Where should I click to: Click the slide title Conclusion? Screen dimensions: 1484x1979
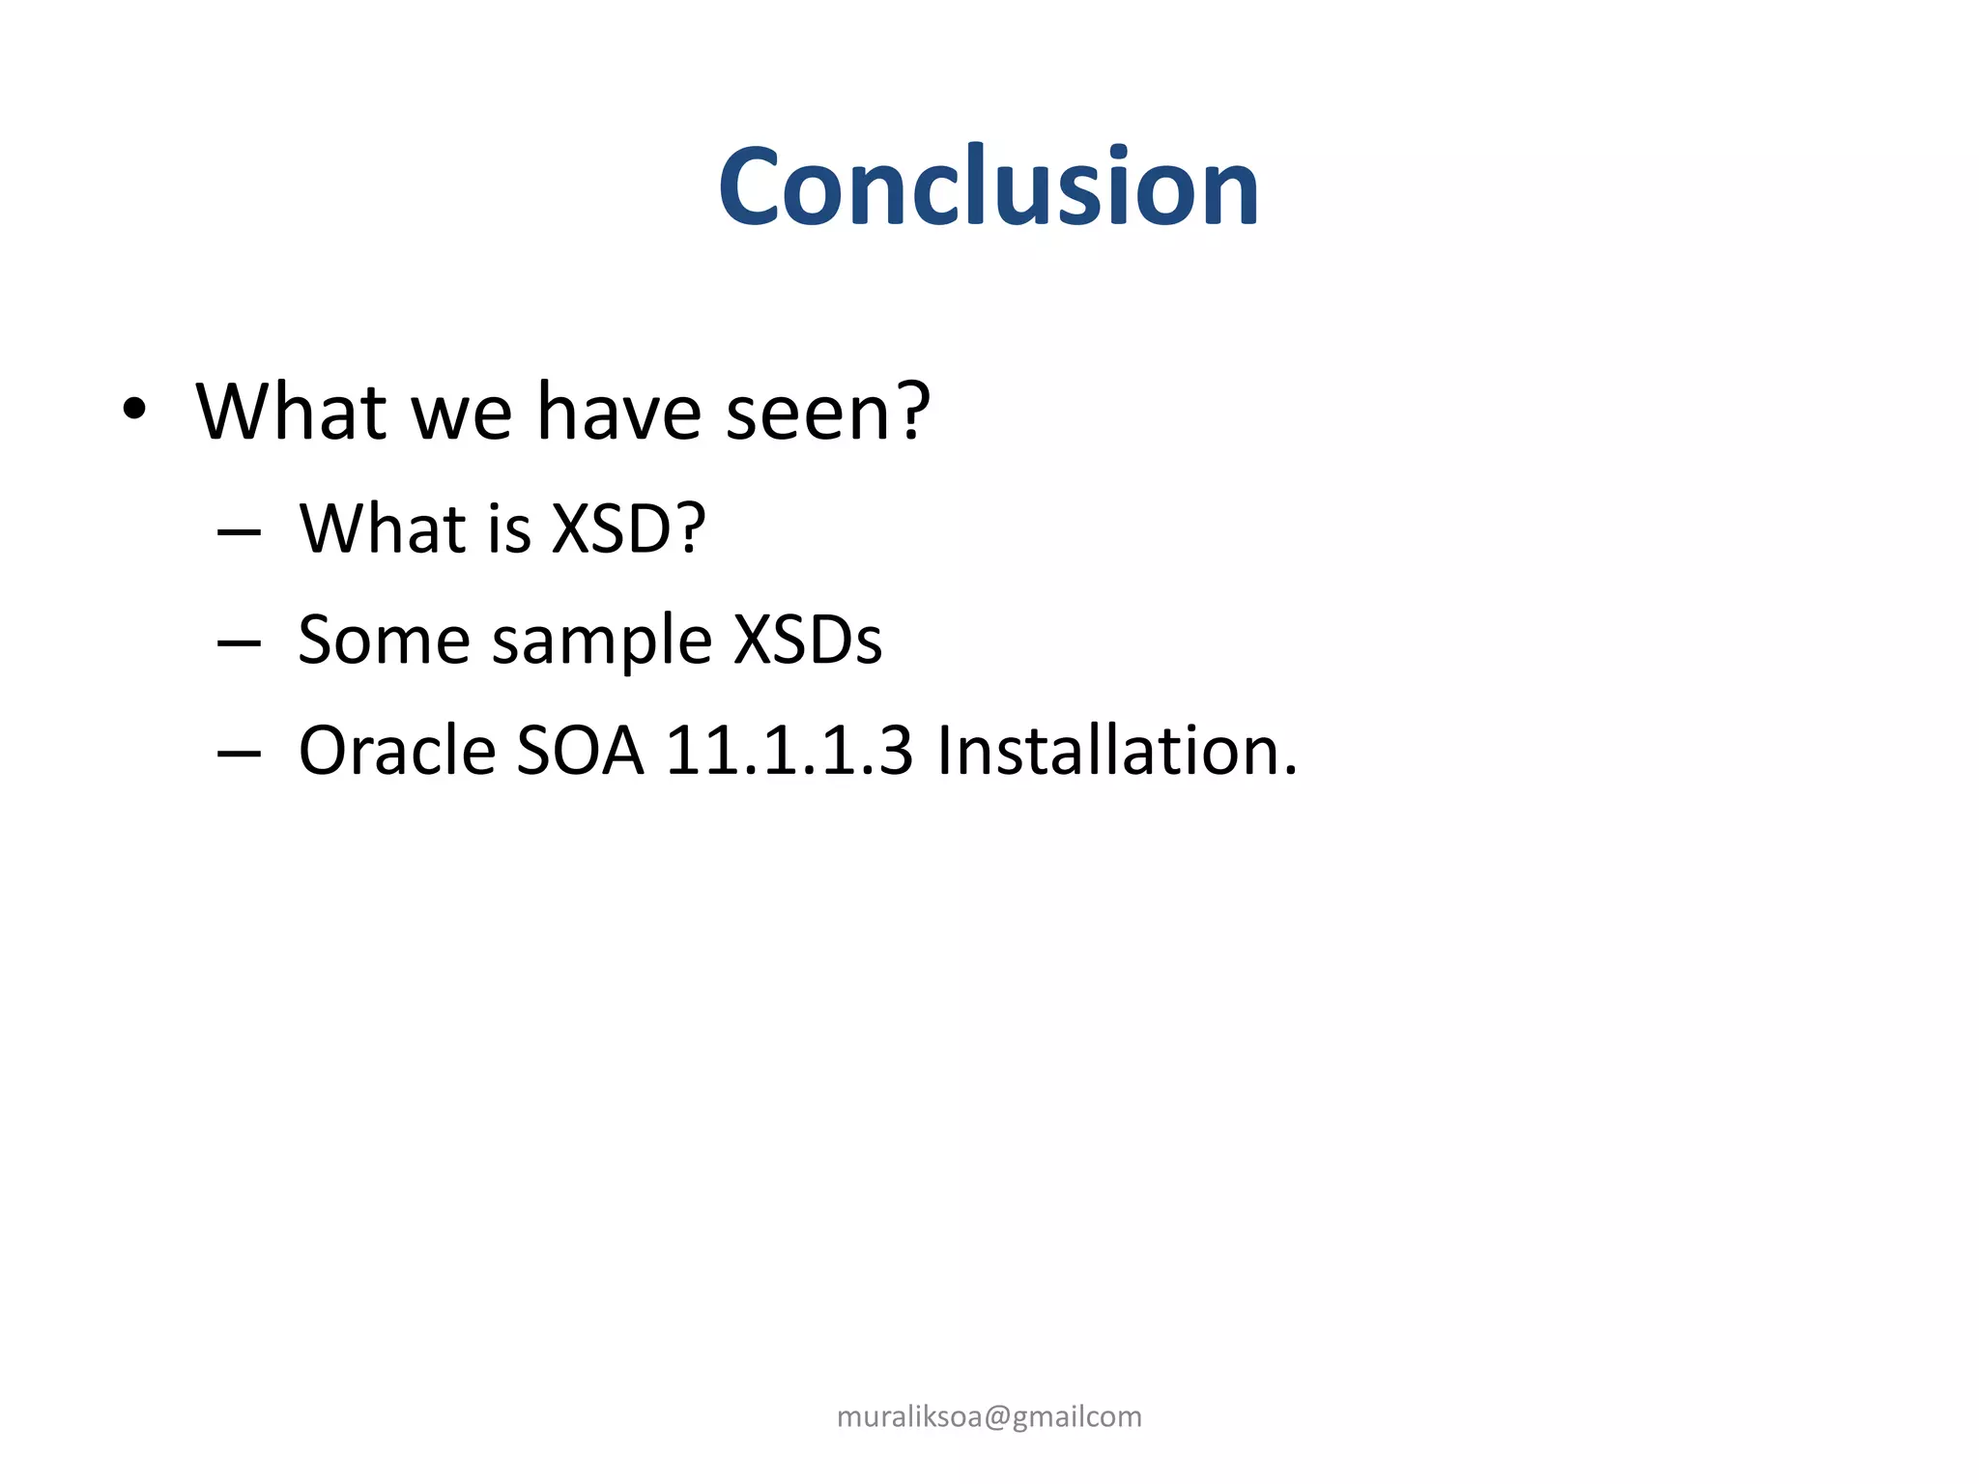click(989, 186)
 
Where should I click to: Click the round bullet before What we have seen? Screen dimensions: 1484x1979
click(134, 410)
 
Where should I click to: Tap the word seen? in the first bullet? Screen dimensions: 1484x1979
click(828, 413)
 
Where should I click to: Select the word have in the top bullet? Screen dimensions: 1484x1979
click(619, 413)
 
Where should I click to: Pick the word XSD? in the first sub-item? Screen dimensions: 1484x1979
click(628, 529)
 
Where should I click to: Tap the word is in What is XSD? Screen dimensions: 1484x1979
click(510, 529)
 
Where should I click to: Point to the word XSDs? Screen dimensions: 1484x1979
click(808, 641)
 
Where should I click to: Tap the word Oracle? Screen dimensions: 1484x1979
click(397, 752)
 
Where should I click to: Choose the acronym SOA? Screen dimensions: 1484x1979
click(580, 752)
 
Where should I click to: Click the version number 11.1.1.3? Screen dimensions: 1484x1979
click(789, 752)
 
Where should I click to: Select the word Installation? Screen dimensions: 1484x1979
click(1117, 752)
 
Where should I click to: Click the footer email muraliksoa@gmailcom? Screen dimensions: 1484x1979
click(989, 1416)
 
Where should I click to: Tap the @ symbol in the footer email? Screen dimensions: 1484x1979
click(998, 1417)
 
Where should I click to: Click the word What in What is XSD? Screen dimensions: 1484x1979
click(383, 529)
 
